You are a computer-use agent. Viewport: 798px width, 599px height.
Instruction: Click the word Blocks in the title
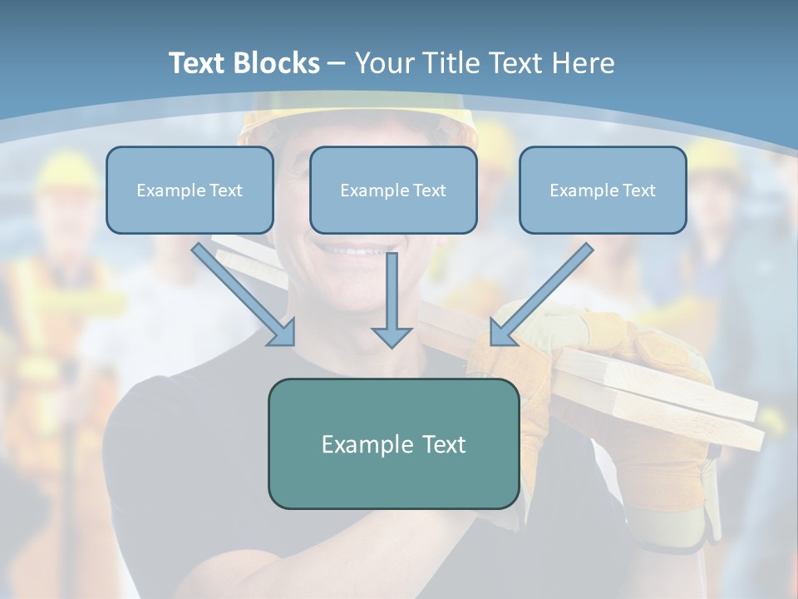278,63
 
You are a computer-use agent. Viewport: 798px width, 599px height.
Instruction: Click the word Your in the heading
383,63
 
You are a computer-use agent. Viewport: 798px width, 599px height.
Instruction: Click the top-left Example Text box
190,191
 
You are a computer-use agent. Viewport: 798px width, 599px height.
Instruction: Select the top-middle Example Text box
393,191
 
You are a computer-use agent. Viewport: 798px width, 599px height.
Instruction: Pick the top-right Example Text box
603,191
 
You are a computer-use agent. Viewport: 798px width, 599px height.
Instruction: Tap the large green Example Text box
393,444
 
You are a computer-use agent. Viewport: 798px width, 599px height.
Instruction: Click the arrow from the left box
241,292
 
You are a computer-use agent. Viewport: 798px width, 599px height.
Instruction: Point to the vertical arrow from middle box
392,295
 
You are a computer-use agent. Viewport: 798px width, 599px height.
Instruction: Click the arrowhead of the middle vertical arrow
392,336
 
